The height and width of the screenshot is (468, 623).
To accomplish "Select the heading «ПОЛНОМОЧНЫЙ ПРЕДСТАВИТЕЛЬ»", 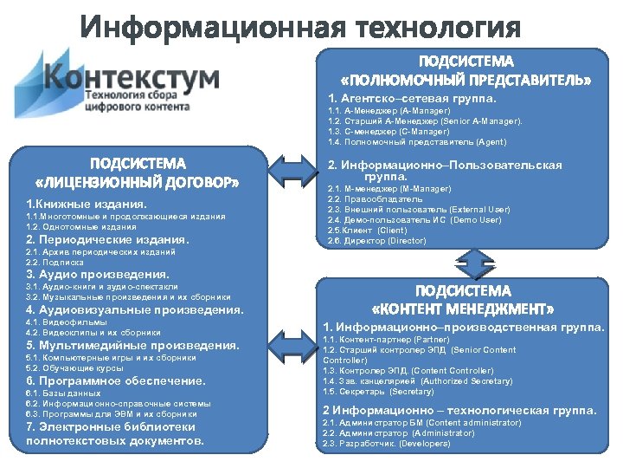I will pyautogui.click(x=465, y=80).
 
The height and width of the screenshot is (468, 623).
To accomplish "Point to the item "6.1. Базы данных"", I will pyautogui.click(x=63, y=393).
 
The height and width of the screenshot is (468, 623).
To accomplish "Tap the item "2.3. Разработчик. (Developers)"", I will pyautogui.click(x=386, y=443).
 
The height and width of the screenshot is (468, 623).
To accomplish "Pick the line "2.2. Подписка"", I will pyautogui.click(x=55, y=262).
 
